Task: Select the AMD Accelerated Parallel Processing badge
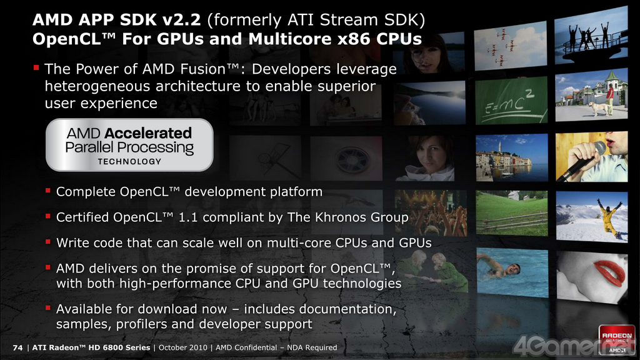click(129, 145)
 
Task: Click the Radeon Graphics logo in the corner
click(617, 339)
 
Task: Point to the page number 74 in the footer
click(17, 347)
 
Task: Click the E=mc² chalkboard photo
click(511, 101)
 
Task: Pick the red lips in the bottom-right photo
click(610, 272)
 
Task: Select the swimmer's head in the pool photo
click(513, 269)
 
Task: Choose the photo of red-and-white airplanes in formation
click(511, 45)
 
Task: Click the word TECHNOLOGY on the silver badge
click(129, 162)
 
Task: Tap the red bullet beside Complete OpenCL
click(47, 190)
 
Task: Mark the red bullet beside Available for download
click(47, 307)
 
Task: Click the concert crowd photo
click(431, 212)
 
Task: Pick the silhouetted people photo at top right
click(591, 35)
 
